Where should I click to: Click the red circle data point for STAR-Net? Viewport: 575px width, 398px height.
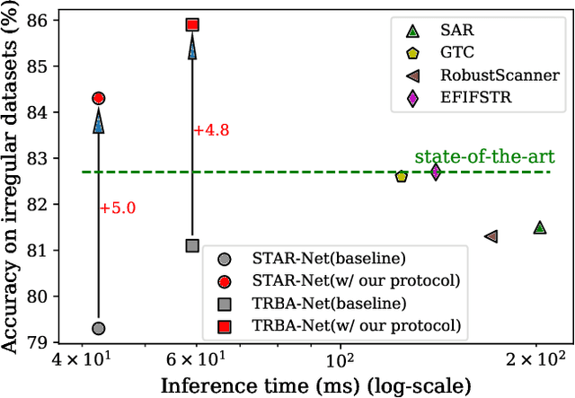[99, 98]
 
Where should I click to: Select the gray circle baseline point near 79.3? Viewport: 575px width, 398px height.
[99, 328]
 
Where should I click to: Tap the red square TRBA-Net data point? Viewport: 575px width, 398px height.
[192, 25]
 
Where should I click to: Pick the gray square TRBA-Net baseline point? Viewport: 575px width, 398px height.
[192, 245]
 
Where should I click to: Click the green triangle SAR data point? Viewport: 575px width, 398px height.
[539, 227]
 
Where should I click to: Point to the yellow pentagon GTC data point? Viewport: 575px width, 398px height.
[402, 176]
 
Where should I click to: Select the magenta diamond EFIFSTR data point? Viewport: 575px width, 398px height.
[436, 172]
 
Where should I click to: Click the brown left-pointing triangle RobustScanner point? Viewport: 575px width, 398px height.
[491, 236]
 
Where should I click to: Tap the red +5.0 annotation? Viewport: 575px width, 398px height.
[117, 208]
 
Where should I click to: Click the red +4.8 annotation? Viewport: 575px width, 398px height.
[211, 130]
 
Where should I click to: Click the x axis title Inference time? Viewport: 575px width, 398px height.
[315, 385]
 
